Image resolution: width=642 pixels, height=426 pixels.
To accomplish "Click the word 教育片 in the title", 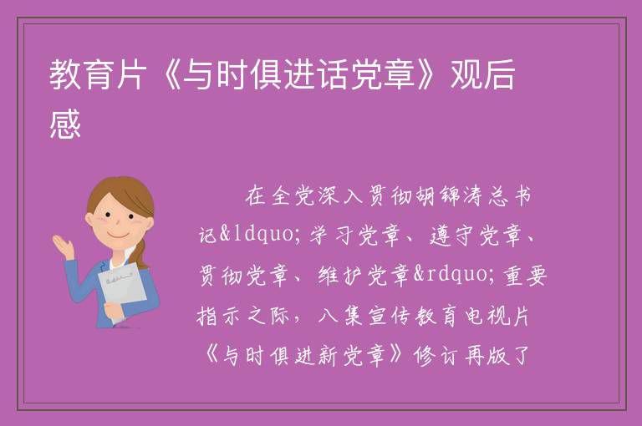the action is tap(98, 74).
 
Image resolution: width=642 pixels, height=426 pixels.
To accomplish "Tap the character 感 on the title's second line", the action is tap(65, 124).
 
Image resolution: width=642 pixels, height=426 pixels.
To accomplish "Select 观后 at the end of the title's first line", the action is tap(482, 74).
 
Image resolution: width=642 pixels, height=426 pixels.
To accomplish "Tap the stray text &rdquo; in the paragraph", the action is tap(456, 274).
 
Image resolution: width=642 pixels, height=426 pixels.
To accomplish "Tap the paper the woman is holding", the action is tap(123, 291).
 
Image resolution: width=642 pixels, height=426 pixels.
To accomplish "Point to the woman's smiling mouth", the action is tap(118, 236).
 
